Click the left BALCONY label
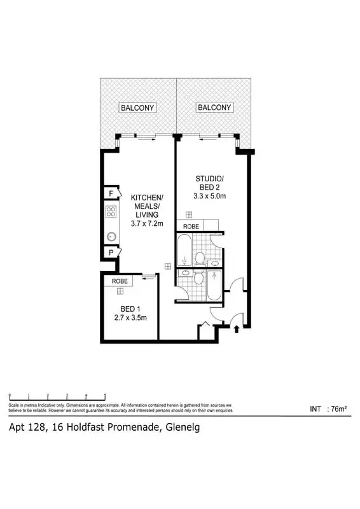(x=137, y=108)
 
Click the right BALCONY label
(x=214, y=108)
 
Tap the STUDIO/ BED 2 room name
(x=209, y=182)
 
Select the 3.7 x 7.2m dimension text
(x=147, y=223)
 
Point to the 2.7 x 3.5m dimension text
(x=130, y=317)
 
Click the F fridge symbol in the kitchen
(x=111, y=193)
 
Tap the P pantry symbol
(x=111, y=253)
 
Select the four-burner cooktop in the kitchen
(x=111, y=213)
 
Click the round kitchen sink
(x=111, y=234)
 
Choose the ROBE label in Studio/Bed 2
(x=191, y=227)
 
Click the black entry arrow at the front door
(x=237, y=329)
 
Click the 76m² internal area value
(x=336, y=409)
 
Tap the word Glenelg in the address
(x=182, y=428)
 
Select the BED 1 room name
(x=130, y=308)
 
